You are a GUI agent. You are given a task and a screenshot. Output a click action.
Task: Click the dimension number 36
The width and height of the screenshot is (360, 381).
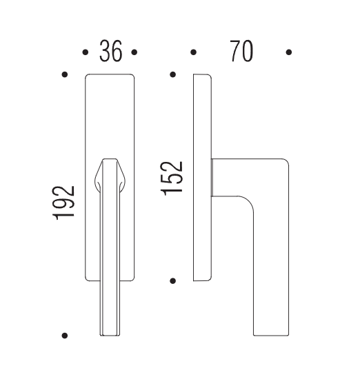[110, 51]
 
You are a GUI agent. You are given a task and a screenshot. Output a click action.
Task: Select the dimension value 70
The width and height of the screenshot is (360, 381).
[241, 51]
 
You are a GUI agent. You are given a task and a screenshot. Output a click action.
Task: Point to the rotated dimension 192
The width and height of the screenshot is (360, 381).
[63, 203]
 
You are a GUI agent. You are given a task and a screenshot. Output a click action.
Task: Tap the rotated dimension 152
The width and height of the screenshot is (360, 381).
[172, 178]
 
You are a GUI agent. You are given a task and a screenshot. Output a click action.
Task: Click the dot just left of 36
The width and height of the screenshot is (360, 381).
[85, 52]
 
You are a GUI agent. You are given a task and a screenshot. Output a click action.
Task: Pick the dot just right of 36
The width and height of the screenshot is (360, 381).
[134, 52]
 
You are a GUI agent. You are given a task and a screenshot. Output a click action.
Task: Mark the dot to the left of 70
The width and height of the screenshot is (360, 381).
[193, 52]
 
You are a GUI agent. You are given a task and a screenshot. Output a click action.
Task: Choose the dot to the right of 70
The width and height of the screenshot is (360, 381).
[289, 52]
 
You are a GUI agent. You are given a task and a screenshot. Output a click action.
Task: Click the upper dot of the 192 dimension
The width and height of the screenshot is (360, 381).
[65, 74]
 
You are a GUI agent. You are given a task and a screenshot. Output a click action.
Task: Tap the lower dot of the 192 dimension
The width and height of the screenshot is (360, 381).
[65, 336]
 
